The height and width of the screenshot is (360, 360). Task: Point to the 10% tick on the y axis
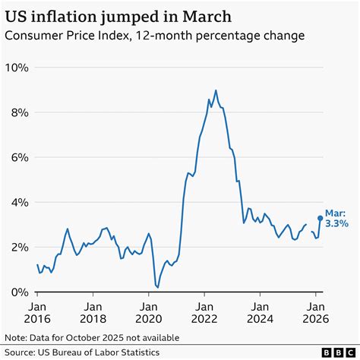click(17, 68)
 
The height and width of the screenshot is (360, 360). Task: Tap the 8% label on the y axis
click(20, 112)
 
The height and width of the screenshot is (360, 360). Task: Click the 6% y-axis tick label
click(20, 157)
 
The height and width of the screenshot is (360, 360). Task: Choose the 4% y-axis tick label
click(20, 202)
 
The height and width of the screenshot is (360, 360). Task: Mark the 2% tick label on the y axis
click(20, 247)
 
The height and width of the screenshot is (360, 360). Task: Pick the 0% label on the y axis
click(20, 292)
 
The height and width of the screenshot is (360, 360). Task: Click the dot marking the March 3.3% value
click(320, 218)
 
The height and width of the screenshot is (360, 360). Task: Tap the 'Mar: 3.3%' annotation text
click(336, 218)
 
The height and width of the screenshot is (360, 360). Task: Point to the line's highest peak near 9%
click(216, 90)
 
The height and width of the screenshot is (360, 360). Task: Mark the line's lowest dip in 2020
click(157, 287)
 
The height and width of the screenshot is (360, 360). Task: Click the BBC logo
click(334, 352)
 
